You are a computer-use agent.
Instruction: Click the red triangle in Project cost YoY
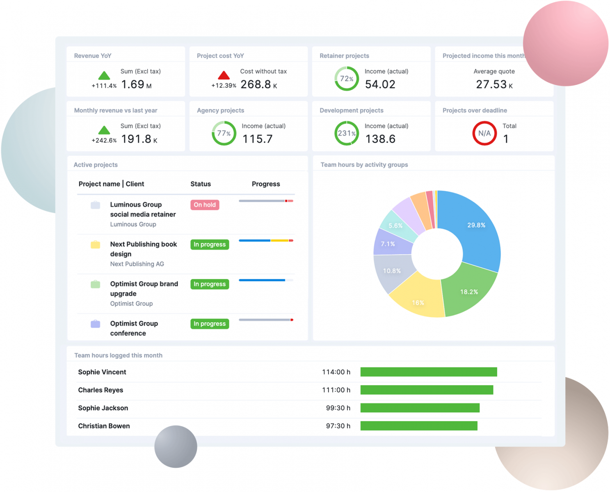(x=224, y=75)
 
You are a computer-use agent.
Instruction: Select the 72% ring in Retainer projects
(x=346, y=78)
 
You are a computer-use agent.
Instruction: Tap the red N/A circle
(x=484, y=133)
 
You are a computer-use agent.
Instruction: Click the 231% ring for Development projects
(x=346, y=133)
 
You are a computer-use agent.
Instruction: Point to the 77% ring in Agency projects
(x=224, y=133)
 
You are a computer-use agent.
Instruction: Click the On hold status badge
(x=205, y=205)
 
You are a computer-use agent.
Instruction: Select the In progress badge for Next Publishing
(x=210, y=244)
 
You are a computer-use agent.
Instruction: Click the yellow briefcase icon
(x=95, y=245)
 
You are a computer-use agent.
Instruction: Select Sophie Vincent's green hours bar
(x=429, y=372)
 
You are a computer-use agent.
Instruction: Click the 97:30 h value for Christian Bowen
(x=338, y=426)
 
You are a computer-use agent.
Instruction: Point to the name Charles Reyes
(x=101, y=390)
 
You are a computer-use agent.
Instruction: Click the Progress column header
(x=266, y=184)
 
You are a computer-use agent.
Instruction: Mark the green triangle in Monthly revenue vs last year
(x=104, y=130)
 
